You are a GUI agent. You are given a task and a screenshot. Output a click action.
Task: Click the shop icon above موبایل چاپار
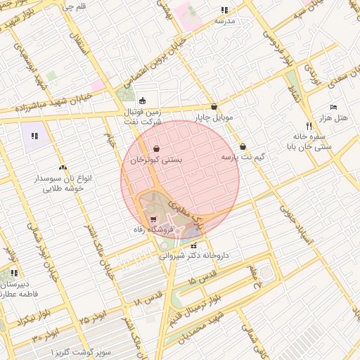[x=214, y=106]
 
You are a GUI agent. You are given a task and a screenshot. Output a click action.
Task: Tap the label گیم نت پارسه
[x=243, y=158]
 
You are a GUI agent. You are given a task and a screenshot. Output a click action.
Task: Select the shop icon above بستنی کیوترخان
[x=155, y=148]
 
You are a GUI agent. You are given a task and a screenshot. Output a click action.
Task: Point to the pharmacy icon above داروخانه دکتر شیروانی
[x=193, y=245]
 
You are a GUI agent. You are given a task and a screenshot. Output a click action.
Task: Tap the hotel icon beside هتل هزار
[x=333, y=107]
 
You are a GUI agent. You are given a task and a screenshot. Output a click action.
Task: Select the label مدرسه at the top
[x=224, y=21]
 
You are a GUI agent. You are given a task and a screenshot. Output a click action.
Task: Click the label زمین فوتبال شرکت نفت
[x=143, y=117]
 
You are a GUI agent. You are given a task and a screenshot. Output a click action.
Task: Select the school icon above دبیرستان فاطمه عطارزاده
[x=14, y=273]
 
